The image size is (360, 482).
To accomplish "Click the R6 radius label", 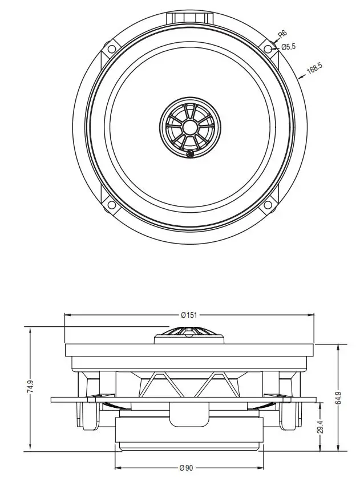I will [x=281, y=35].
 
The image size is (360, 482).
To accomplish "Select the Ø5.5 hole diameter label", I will [x=289, y=47].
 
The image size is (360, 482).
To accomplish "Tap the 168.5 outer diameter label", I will [x=314, y=70].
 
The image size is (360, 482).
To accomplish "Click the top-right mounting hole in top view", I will [x=268, y=49].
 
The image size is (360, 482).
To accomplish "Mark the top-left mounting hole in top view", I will [x=111, y=49].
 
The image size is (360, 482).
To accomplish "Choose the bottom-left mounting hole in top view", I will [x=111, y=205].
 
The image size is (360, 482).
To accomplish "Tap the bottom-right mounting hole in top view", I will [x=268, y=205].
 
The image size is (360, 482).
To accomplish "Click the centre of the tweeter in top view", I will [x=189, y=127].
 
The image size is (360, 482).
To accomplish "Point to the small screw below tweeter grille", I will [x=190, y=152].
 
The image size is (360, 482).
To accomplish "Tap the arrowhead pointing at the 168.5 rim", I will [x=300, y=77].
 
